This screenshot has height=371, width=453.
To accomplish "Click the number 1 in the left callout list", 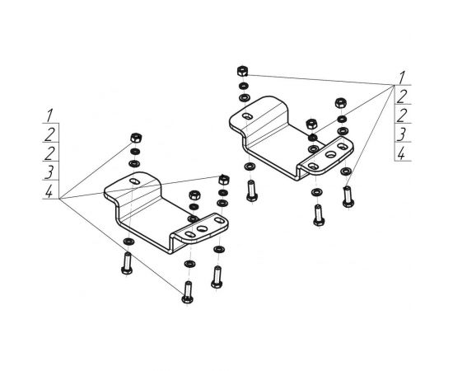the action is point(49,115).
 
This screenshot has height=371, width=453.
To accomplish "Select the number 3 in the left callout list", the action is point(49,172).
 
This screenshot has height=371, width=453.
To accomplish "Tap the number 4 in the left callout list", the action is point(49,191).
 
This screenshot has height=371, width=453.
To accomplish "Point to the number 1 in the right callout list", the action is point(402,77).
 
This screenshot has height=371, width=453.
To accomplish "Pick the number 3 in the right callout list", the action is point(402,134).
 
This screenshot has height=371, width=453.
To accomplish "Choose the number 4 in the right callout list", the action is point(401,153).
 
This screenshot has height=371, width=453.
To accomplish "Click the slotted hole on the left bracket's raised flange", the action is point(134,181).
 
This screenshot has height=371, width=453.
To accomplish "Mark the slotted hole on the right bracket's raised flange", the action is point(247,116).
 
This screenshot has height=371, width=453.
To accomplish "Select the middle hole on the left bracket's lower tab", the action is point(203,229).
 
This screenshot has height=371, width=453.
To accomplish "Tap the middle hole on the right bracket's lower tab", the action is point(330,154).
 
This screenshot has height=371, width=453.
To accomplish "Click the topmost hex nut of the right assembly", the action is point(242,71).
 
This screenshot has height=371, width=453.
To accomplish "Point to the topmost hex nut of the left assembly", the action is point(136,138).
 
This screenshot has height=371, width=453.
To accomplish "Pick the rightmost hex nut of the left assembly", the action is point(224,180).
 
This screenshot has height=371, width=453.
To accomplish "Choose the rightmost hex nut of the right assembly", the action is point(341,103).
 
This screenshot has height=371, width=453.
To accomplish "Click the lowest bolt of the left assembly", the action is point(188,293).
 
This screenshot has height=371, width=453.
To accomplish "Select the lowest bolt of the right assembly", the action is point(319,215).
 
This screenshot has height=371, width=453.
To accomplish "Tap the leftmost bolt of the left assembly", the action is point(127,263).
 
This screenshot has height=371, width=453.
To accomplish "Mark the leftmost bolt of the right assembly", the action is point(252,190).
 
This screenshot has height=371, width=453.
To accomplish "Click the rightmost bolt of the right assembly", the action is point(348,197).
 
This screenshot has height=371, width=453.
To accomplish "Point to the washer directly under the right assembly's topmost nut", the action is point(244,86).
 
